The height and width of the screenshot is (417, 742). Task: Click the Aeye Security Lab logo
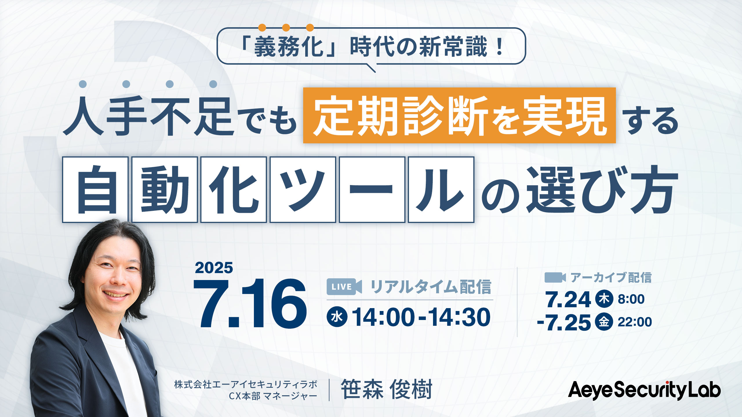point(644,390)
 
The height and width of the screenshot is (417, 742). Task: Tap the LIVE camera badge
point(344,287)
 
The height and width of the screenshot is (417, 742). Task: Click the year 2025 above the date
point(214,268)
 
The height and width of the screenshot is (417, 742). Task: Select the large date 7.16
point(250,303)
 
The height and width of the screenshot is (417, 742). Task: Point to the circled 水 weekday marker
point(337,317)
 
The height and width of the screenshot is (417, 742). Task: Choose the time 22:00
point(635,322)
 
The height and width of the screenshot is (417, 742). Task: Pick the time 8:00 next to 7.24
point(631,299)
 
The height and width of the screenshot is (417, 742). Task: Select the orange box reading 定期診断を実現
point(459,115)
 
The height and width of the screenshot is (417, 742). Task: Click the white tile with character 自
point(95,190)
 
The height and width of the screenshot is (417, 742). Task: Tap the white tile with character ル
point(441,190)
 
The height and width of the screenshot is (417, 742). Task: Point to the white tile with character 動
point(165,190)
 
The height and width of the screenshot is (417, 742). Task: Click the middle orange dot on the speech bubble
point(286,28)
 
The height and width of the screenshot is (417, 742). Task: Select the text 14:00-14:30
point(421,317)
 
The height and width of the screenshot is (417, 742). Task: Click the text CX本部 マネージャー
point(273,396)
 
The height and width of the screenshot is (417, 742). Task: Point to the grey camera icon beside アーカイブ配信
point(555,277)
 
